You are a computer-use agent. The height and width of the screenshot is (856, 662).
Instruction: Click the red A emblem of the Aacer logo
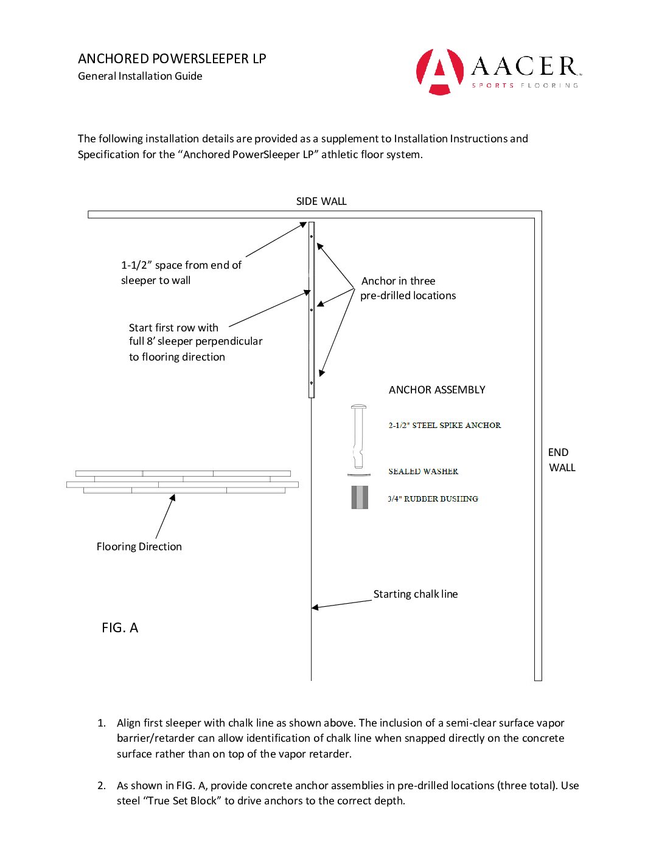click(439, 72)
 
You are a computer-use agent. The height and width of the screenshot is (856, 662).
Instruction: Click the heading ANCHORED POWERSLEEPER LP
click(172, 59)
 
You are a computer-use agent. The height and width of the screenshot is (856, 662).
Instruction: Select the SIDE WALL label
click(321, 201)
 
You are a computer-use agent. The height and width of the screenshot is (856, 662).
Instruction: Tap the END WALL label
click(561, 460)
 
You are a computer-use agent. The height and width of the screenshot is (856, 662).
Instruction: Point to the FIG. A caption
click(120, 628)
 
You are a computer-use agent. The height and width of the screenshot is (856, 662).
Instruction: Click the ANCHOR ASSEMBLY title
click(437, 390)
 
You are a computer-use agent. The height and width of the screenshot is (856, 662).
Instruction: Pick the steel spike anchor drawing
click(359, 436)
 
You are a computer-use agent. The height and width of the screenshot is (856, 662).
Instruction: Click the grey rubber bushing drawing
click(360, 497)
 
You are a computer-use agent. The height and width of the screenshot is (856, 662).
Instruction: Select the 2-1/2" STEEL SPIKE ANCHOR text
click(445, 426)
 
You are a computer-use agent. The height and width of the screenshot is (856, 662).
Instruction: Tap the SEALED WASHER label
click(423, 471)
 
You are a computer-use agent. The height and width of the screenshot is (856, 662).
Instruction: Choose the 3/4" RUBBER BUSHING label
click(433, 499)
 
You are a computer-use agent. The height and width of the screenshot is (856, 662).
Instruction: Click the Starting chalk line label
click(416, 594)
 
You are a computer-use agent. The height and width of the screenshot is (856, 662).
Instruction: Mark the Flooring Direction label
click(139, 547)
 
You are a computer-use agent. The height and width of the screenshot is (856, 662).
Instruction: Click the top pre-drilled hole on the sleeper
click(312, 236)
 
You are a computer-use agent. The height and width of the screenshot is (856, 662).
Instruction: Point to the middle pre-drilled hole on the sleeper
click(312, 310)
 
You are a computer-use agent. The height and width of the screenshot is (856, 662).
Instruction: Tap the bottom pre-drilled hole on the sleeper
click(312, 383)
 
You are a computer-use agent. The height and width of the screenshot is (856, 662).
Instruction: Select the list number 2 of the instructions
click(102, 785)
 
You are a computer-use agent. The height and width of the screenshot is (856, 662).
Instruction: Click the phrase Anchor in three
click(398, 281)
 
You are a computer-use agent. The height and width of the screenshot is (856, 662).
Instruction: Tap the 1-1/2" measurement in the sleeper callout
click(136, 265)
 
